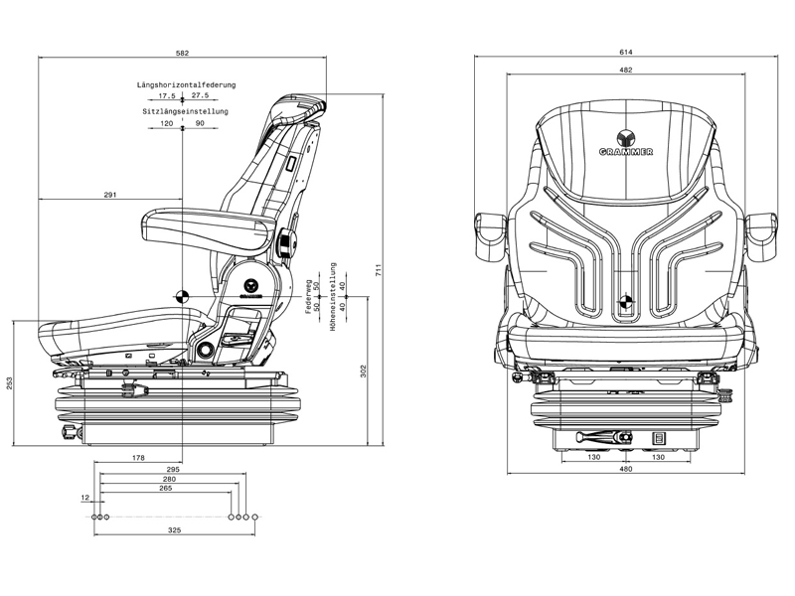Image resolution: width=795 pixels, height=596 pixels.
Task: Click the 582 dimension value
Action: tap(182, 53)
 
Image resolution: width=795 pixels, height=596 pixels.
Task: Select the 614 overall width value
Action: tap(625, 53)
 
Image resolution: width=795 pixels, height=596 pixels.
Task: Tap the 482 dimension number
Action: tap(625, 71)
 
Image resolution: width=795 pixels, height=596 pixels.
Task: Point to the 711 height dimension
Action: tap(379, 270)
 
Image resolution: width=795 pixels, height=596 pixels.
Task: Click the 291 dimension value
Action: tap(110, 195)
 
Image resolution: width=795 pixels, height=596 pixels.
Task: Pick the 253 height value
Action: tap(9, 383)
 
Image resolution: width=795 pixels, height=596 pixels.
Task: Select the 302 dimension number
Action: tap(364, 372)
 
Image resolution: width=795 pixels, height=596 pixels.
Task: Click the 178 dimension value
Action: tap(138, 458)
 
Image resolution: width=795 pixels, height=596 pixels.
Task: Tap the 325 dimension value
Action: tap(175, 531)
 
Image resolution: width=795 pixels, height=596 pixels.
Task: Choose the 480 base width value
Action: tap(626, 469)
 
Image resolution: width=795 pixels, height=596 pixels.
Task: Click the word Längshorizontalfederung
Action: tap(183, 86)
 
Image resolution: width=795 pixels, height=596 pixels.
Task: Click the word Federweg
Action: tap(309, 295)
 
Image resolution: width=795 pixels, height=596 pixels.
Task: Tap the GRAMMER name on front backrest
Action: tap(625, 151)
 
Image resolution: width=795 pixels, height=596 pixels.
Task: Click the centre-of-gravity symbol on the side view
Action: tap(183, 294)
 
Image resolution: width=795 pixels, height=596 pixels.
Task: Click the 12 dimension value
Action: tap(85, 498)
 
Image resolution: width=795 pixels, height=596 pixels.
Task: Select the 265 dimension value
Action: tap(165, 489)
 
